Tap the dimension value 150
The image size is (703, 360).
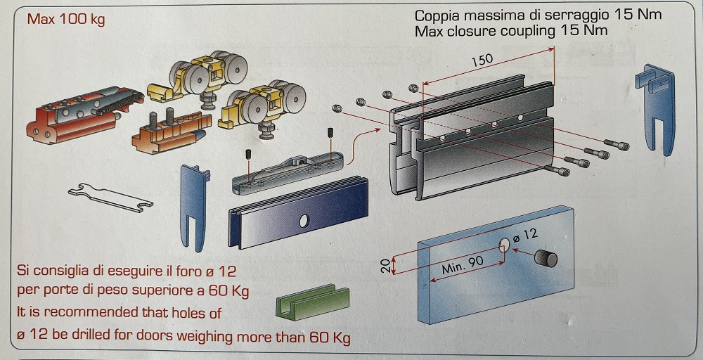(482, 60)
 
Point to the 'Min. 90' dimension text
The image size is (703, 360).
(462, 266)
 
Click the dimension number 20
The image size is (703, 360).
(386, 266)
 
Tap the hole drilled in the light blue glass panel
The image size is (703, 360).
(504, 246)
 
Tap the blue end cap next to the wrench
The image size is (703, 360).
(194, 204)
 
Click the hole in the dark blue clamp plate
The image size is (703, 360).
(304, 221)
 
